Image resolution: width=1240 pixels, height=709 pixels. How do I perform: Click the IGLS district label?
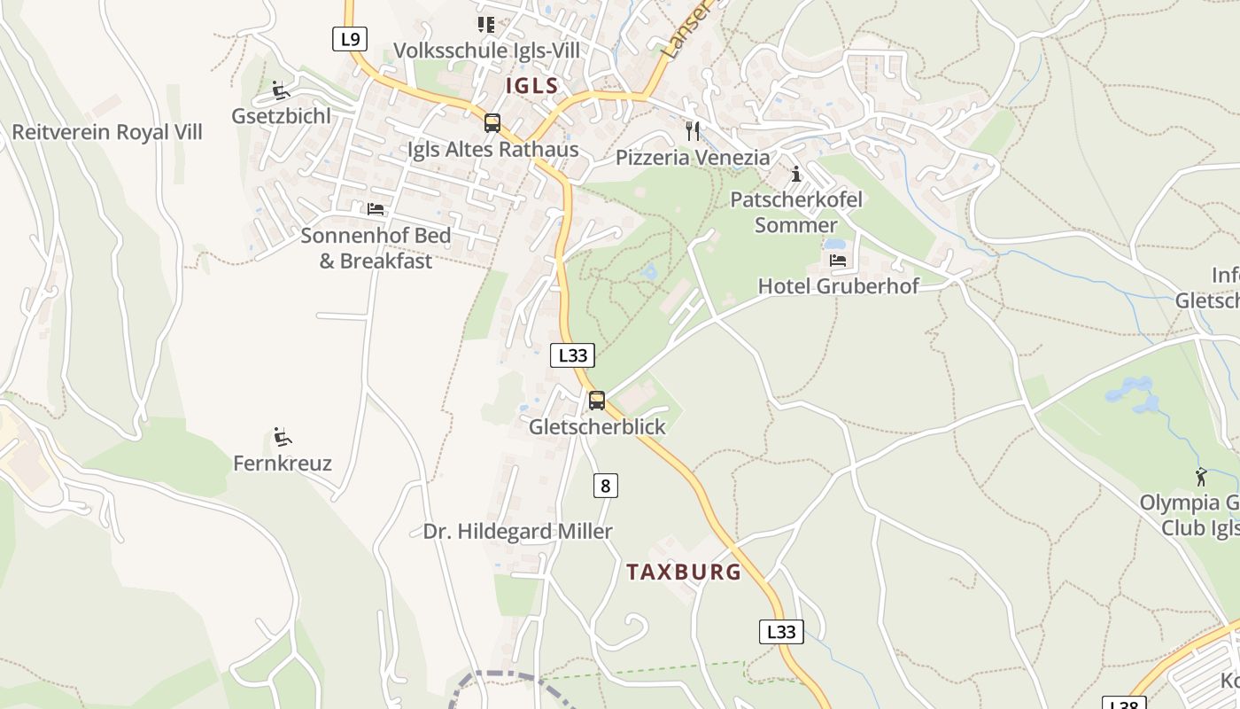[532, 86]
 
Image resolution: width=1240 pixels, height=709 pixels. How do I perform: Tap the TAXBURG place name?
[684, 572]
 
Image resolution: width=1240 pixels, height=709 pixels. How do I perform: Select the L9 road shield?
[350, 39]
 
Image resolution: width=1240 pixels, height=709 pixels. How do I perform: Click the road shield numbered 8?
[605, 485]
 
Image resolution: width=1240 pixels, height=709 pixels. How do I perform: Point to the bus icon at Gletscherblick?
[597, 401]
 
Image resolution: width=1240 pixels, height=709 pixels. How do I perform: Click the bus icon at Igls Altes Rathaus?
[492, 123]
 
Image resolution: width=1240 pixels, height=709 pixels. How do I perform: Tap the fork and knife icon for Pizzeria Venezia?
[693, 131]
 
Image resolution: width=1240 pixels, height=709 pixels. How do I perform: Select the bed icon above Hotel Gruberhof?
[838, 261]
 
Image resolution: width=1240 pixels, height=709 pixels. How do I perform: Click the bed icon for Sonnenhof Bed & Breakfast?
[376, 209]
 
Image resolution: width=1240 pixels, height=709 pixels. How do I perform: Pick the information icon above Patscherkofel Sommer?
[795, 174]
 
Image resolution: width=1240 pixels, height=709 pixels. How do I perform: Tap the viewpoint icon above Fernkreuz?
[283, 436]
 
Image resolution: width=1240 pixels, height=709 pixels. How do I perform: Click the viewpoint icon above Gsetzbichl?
[281, 90]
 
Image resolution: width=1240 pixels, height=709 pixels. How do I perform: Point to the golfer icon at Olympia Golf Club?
[1201, 477]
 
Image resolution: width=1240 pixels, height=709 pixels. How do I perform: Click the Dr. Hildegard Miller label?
[517, 531]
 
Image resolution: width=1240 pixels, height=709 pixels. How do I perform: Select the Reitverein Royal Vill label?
[107, 132]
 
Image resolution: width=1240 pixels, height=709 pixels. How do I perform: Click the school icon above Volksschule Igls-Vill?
[485, 24]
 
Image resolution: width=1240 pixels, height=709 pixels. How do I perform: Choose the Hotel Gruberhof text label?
[838, 285]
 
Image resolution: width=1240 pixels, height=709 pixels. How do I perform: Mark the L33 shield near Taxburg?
[781, 632]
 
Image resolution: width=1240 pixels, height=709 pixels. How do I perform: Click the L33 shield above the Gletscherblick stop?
[572, 355]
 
